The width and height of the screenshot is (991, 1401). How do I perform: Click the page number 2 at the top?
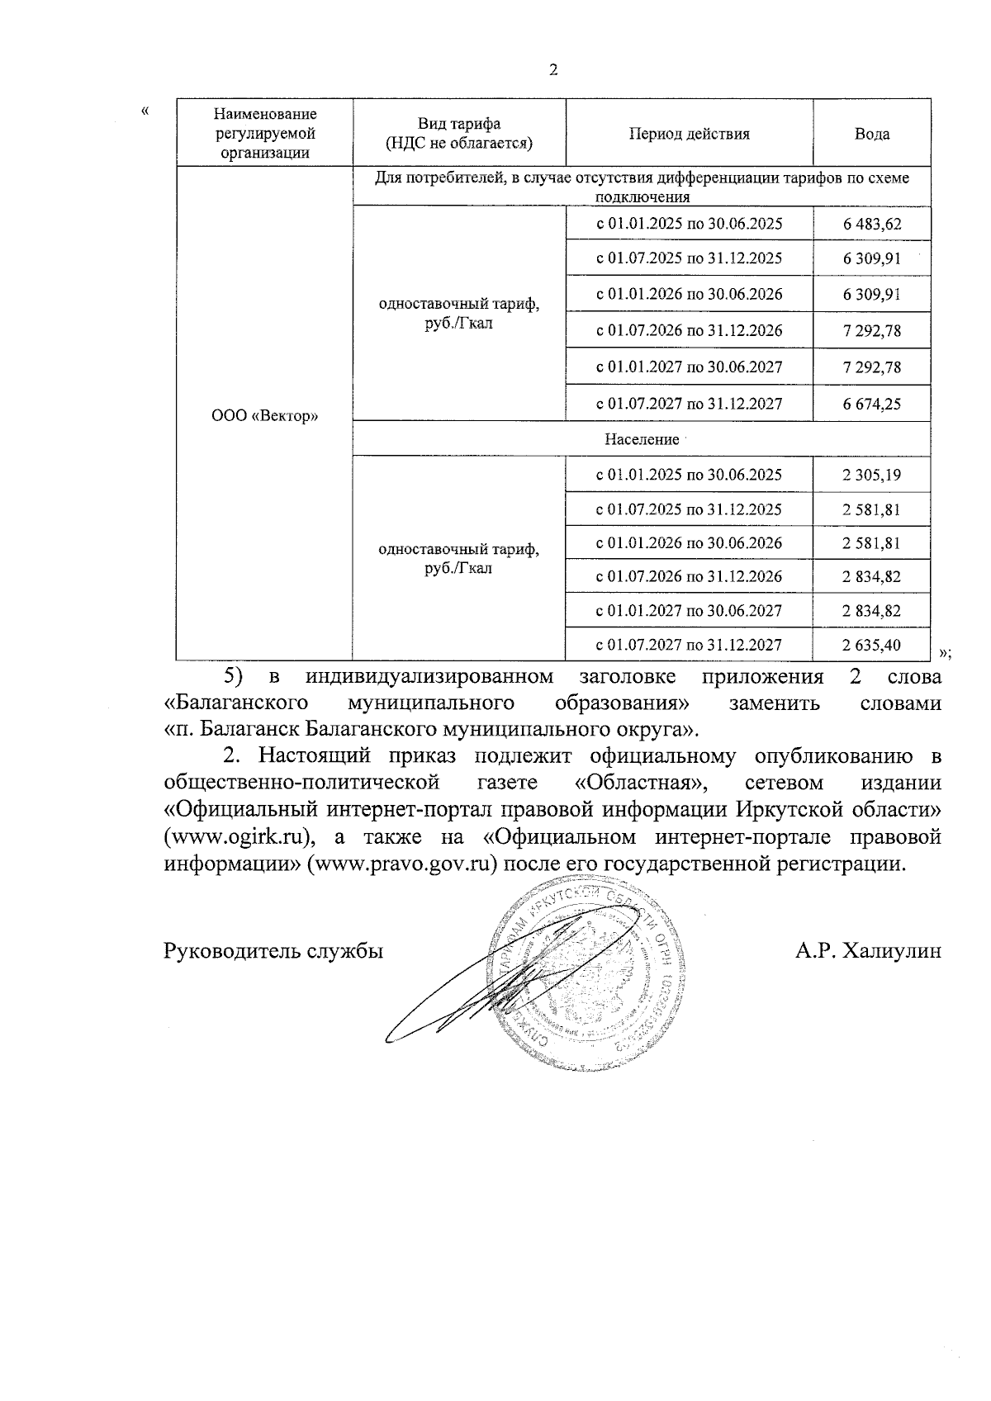553,70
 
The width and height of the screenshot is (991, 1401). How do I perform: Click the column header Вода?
871,134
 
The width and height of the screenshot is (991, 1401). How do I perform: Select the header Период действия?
690,134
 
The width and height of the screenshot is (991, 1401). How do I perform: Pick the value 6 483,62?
871,224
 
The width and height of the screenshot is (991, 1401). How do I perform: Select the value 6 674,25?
871,404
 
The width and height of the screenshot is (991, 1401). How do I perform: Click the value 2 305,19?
871,475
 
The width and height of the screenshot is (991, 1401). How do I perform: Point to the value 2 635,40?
871,645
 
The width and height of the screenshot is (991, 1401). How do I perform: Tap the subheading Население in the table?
641,440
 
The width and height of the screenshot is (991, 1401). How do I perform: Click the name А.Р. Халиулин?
868,952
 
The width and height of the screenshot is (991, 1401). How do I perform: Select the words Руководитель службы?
273,952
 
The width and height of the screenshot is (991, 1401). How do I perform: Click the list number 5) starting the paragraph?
235,678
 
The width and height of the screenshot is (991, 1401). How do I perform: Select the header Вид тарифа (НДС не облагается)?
459,134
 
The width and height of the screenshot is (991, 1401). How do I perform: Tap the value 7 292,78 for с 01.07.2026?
871,331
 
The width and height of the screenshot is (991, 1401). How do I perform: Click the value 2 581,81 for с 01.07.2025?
871,509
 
